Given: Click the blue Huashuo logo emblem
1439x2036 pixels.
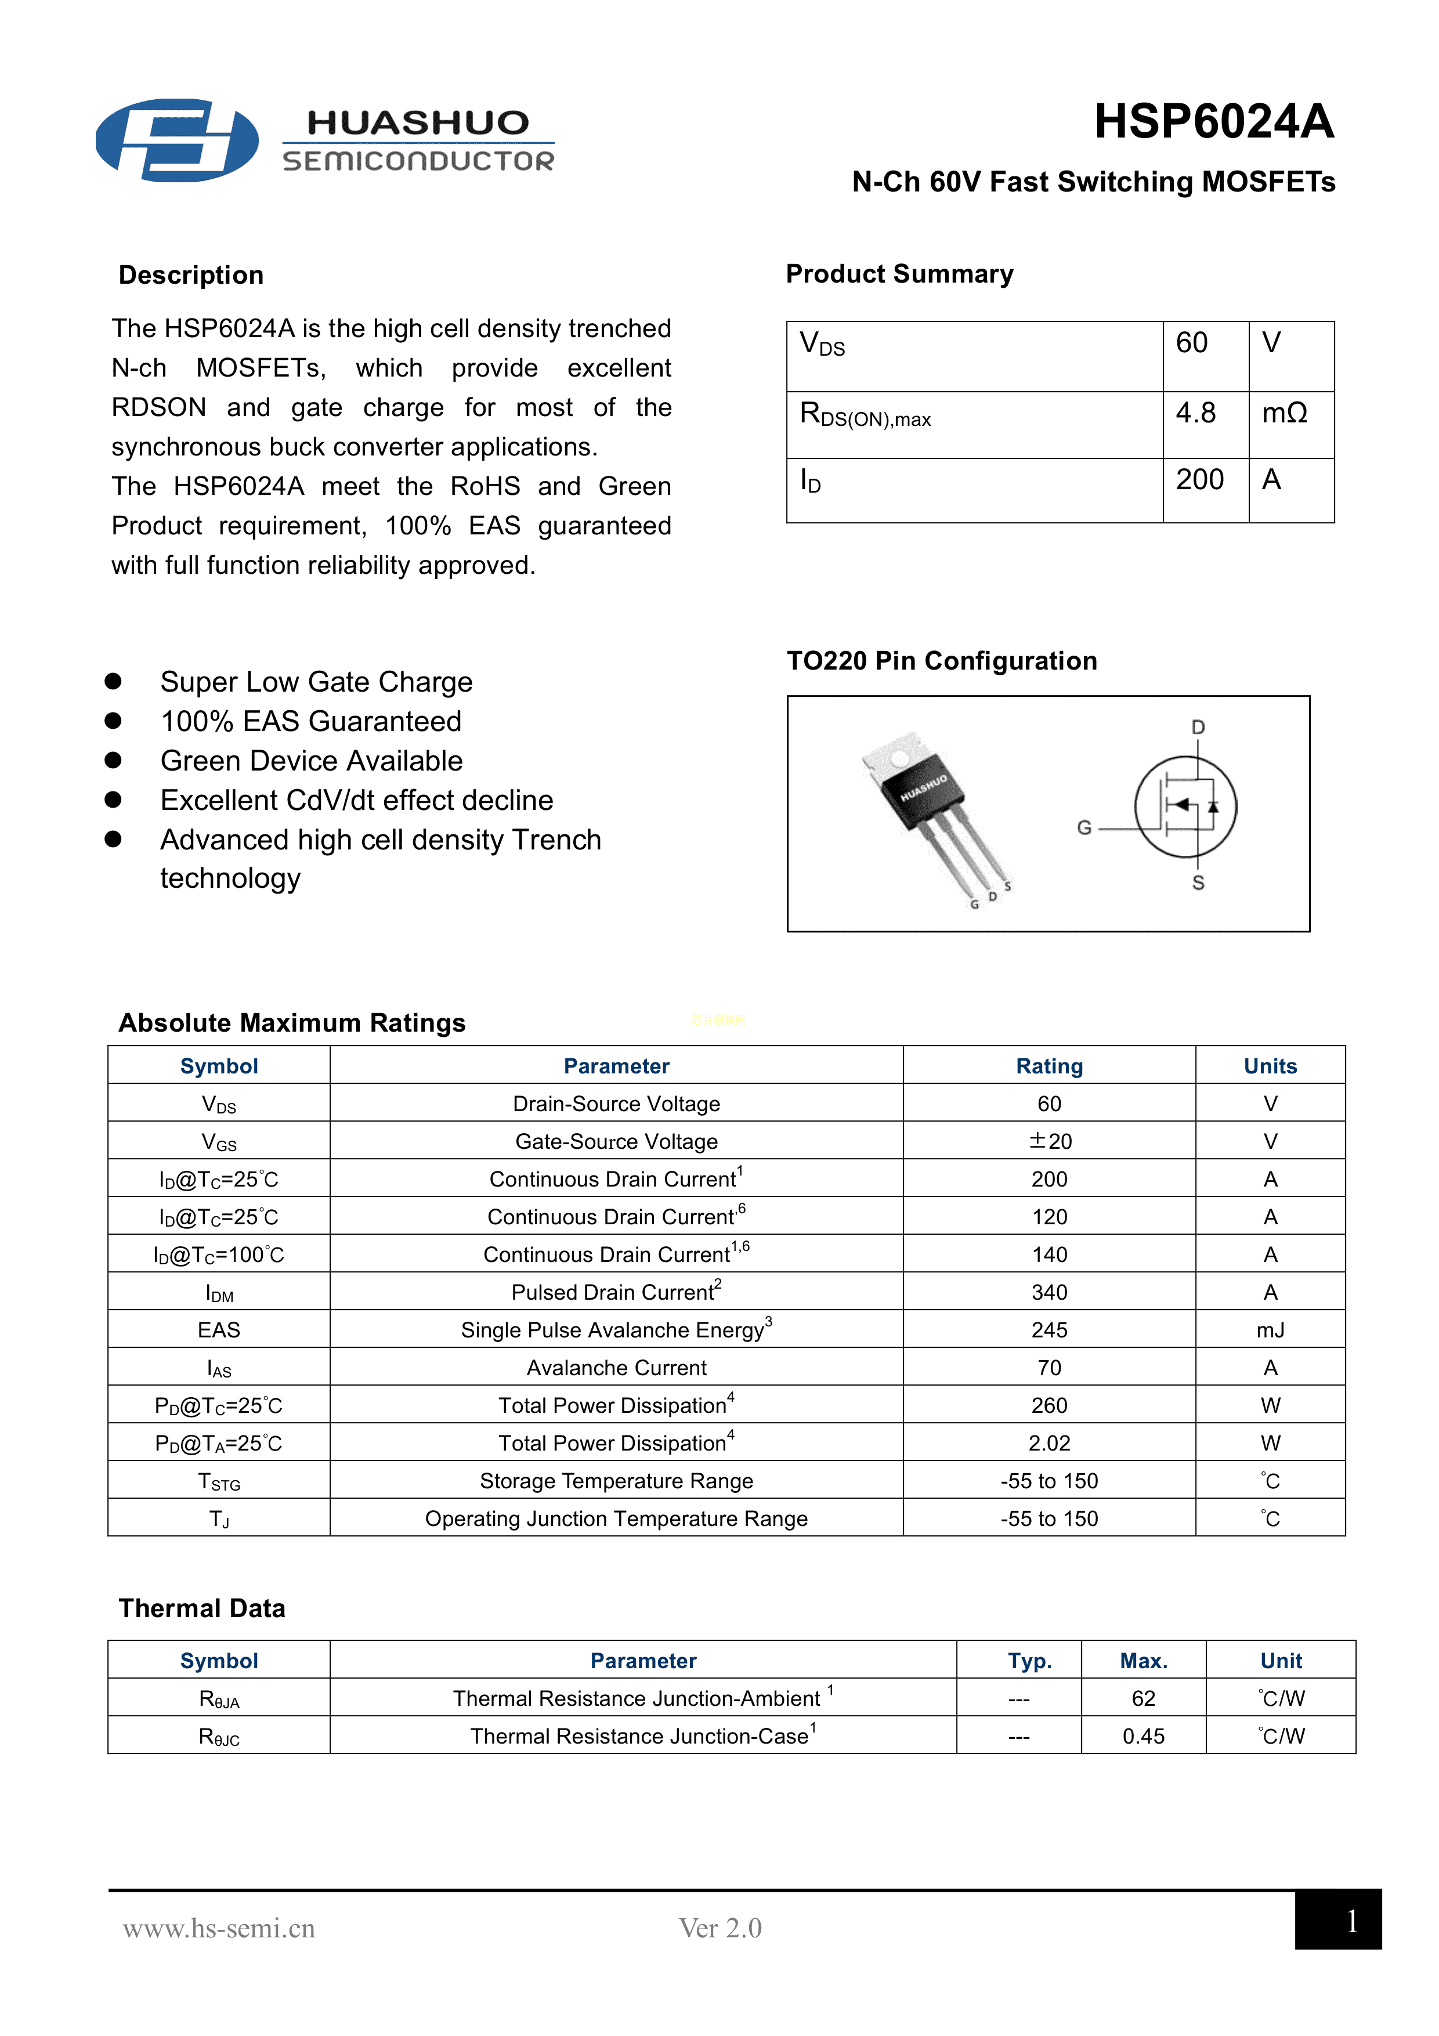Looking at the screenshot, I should pos(178,140).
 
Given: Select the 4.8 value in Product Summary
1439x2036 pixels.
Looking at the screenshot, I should pos(1195,413).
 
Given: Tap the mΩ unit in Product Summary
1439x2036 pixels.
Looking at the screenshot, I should pos(1284,413).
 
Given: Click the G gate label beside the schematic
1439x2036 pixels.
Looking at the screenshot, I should pos(1083,827).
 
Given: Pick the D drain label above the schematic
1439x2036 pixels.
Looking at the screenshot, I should pos(1198,727).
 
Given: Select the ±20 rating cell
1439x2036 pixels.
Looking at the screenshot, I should pos(1050,1141).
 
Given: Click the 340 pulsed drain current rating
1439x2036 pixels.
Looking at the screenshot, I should pos(1049,1292).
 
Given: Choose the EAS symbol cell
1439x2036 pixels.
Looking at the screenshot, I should pos(219,1330).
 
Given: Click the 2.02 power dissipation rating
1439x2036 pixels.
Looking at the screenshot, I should pos(1049,1443).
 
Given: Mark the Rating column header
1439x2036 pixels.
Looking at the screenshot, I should pos(1049,1066).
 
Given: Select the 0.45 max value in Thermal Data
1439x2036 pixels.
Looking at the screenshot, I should pos(1143,1735).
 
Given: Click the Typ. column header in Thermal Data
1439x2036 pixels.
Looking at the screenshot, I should pos(1029,1661).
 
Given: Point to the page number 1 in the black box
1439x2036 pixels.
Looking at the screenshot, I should pos(1351,1921).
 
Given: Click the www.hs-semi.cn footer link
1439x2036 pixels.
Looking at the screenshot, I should pos(219,1928).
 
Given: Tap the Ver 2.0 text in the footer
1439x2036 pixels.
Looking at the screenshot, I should pos(720,1928).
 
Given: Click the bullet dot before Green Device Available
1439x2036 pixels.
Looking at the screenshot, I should pos(113,760).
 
